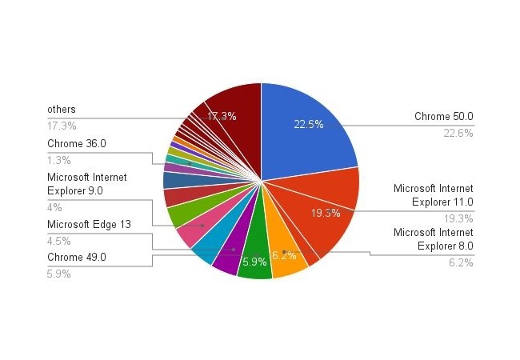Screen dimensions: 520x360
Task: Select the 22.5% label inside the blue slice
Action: (x=309, y=124)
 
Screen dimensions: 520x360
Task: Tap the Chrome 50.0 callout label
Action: (x=444, y=116)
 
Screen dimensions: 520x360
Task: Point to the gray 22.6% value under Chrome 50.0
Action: (x=458, y=134)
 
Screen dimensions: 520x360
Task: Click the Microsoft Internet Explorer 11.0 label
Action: (x=433, y=195)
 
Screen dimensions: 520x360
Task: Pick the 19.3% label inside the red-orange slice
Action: (x=326, y=213)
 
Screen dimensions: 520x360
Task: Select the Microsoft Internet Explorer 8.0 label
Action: (x=433, y=239)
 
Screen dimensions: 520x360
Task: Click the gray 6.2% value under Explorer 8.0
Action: (x=461, y=263)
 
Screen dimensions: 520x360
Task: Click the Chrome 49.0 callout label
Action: (x=77, y=258)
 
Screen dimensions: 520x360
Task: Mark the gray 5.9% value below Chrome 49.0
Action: (x=59, y=274)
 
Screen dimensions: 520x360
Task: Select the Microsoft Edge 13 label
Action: (x=89, y=225)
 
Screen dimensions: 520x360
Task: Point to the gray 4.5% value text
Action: (x=59, y=241)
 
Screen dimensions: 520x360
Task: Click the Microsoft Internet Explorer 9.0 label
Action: (x=87, y=184)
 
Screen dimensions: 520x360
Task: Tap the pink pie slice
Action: (x=199, y=226)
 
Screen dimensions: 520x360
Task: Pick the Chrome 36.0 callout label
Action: (x=77, y=143)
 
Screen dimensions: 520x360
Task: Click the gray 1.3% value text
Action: (x=59, y=161)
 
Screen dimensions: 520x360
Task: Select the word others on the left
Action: (x=62, y=110)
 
